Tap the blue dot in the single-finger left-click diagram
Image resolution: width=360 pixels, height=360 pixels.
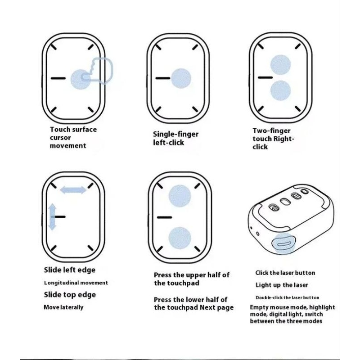tap(181, 78)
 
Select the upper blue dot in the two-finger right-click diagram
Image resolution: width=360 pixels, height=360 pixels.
tap(280, 65)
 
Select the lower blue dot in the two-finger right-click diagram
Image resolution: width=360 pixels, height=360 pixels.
tap(280, 90)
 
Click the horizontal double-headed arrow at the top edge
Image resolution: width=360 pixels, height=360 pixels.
tap(73, 190)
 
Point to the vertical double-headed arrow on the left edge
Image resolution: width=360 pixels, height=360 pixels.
tap(52, 217)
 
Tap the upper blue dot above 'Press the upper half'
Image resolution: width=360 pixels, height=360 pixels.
tap(180, 196)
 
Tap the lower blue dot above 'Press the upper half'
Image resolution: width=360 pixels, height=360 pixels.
tap(180, 238)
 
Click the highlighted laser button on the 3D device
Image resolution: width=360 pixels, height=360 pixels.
tap(283, 244)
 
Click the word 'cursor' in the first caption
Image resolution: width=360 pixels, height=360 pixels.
tap(60, 138)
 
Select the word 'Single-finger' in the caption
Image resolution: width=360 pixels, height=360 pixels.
tap(175, 134)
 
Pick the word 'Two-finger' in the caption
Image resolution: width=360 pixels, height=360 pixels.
tap(272, 130)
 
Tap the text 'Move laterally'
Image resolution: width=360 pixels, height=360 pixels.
tap(63, 307)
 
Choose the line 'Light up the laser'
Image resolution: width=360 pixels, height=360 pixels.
tap(282, 285)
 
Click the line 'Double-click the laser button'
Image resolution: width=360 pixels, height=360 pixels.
tap(288, 297)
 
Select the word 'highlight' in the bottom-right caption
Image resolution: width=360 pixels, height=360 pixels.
tap(322, 307)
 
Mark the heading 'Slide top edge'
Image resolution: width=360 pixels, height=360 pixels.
tap(70, 295)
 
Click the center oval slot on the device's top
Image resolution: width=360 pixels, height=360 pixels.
tap(285, 202)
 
